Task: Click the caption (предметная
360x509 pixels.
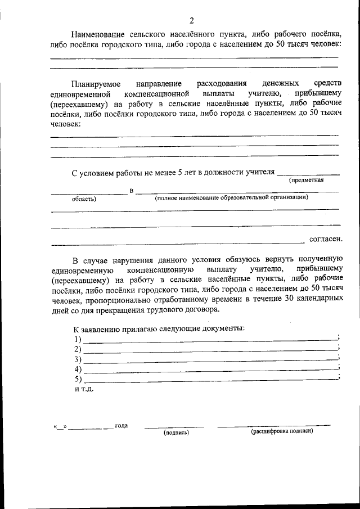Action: (307, 181)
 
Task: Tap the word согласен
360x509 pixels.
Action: (325, 239)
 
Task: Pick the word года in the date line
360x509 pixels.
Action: (121, 425)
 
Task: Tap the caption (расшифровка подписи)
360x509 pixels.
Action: (281, 431)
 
